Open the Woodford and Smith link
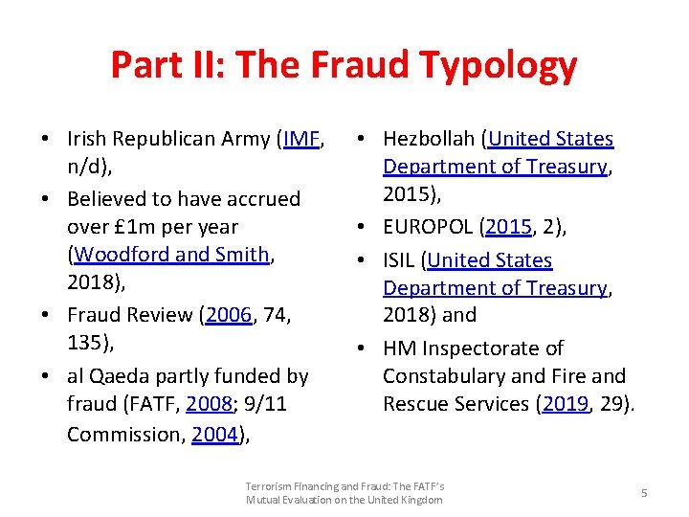point(172,255)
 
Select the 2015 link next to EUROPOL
point(507,227)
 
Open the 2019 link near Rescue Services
point(564,403)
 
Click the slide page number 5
point(644,493)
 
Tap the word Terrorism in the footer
point(269,486)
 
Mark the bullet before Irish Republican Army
point(46,140)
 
